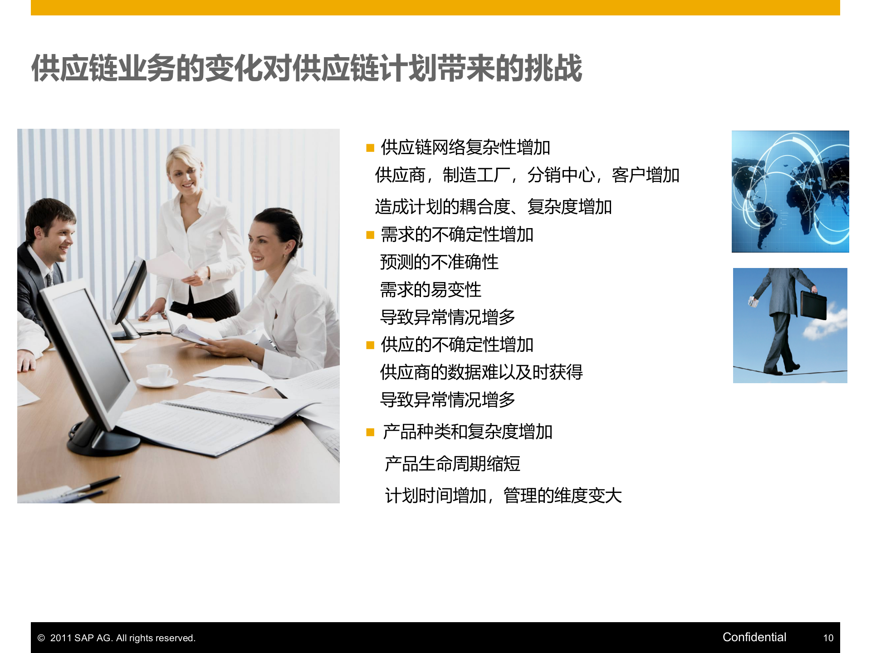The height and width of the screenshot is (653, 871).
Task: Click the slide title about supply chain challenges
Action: (307, 68)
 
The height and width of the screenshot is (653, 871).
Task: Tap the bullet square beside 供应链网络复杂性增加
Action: (370, 148)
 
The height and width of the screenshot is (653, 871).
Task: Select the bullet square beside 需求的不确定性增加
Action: (370, 235)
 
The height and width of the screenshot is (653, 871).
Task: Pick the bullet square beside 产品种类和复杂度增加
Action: (370, 432)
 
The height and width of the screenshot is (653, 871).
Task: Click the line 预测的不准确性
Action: (439, 262)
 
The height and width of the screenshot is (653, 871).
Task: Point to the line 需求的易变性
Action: (431, 290)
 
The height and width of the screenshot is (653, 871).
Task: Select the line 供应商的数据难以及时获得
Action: (481, 372)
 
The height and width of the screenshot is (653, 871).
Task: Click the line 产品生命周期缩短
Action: (452, 464)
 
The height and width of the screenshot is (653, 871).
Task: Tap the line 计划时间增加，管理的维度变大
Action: (503, 496)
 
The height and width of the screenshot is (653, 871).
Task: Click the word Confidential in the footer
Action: (754, 637)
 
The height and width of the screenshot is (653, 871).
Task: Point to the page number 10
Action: (828, 638)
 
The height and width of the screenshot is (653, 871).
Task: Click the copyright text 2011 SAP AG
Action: (122, 638)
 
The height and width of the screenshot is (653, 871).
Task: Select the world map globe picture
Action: (790, 191)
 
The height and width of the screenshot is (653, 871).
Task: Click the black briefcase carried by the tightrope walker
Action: (813, 305)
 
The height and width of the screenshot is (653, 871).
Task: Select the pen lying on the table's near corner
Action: (93, 485)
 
